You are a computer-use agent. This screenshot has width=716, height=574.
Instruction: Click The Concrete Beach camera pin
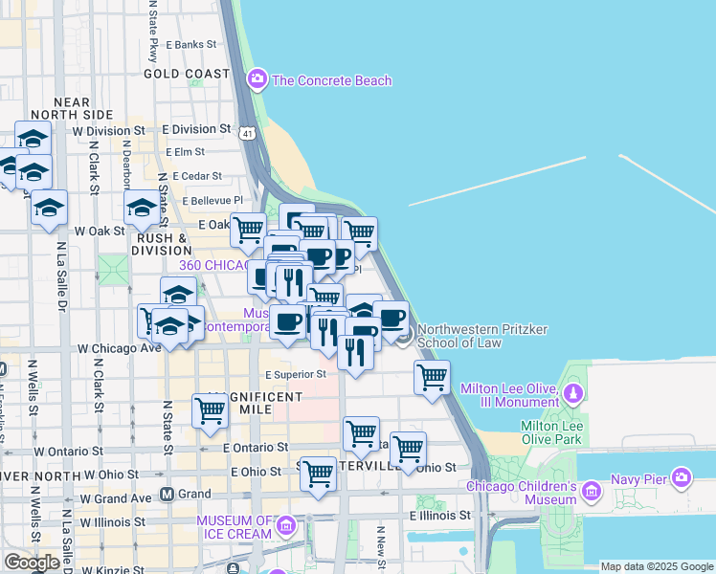(257, 79)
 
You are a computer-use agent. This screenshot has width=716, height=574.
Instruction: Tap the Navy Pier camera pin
(681, 476)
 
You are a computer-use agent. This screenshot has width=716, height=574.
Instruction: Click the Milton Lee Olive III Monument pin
(572, 393)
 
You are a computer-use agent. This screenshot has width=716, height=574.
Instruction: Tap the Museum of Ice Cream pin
(285, 526)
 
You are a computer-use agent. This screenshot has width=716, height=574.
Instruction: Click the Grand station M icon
(167, 495)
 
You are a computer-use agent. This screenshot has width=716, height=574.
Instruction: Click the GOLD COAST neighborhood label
(187, 74)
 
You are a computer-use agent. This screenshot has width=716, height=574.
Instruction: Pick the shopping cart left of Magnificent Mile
(210, 410)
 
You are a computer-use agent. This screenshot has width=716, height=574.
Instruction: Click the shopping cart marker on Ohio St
(318, 474)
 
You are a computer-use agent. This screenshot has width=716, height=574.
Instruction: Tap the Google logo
(31, 563)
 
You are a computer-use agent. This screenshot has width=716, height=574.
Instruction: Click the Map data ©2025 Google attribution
(657, 566)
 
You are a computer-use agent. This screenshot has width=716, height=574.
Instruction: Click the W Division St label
(108, 130)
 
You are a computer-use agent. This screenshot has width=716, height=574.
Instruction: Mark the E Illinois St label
(440, 515)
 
